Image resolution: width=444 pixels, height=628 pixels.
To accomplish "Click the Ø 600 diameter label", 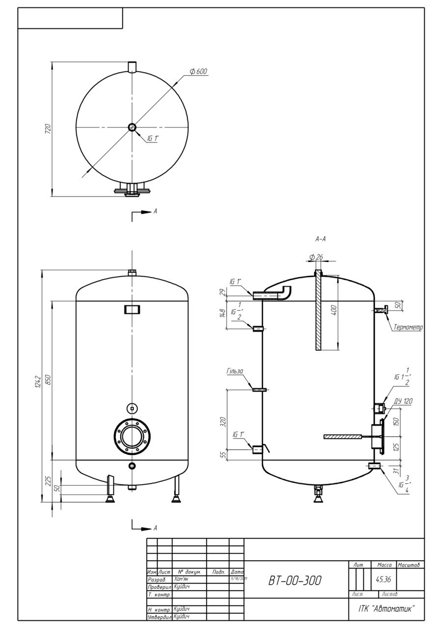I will point(198,72).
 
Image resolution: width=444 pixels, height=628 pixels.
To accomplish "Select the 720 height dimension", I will point(48,129).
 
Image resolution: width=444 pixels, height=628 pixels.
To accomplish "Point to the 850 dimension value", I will point(48,380).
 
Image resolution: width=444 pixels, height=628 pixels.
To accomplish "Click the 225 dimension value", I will point(48,481).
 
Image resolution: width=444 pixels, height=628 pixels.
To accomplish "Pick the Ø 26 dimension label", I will point(316,257).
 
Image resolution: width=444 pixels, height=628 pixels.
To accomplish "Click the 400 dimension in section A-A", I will point(334,311).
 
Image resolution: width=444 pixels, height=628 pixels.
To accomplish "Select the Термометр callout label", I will point(408,327).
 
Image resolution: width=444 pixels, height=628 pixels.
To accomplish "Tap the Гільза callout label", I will point(235,371).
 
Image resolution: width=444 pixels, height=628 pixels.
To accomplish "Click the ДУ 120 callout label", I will point(403,401).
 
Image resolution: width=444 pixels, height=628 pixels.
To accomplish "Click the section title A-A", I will point(321,239).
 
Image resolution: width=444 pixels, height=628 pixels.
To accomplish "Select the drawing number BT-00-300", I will point(295,581).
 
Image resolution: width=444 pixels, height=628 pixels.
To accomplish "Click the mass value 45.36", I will point(383,579).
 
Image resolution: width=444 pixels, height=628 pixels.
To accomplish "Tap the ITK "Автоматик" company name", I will point(384,609).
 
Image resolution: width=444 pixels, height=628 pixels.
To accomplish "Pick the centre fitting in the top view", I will point(132,128).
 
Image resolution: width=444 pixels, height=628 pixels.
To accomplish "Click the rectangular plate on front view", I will point(131,309).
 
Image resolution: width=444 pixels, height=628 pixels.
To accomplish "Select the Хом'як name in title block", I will point(181,579).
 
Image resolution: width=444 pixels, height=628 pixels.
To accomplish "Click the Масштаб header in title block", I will point(410,566).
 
